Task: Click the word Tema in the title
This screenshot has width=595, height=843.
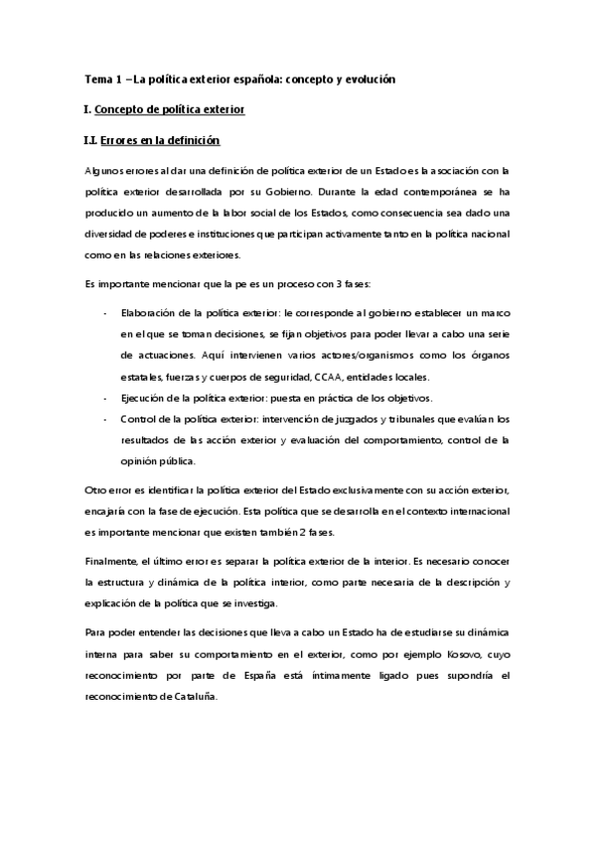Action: point(98,79)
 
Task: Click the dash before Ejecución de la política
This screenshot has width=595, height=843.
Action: point(105,398)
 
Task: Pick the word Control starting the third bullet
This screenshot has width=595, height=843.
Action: point(137,419)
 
